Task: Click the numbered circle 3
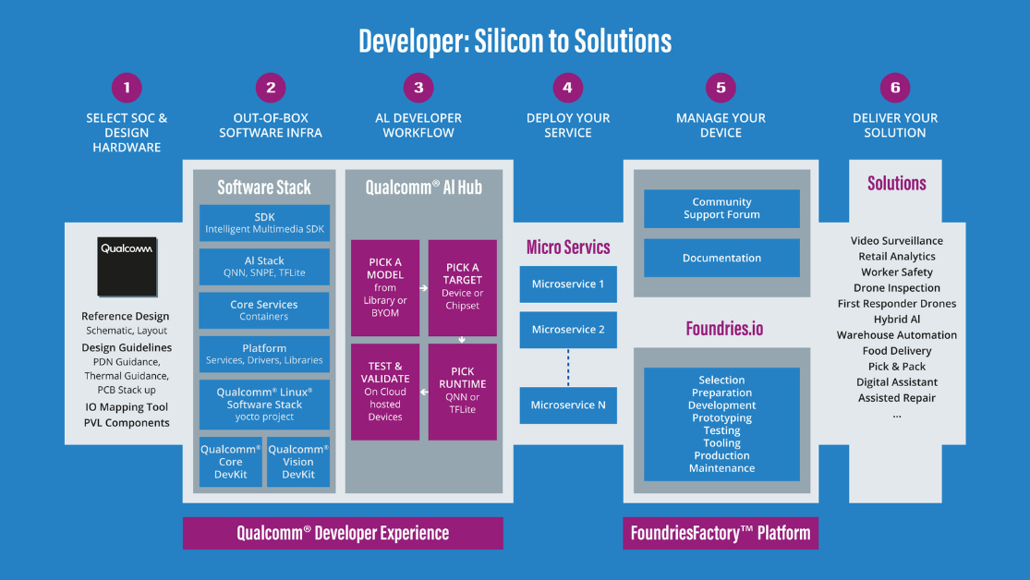click(418, 88)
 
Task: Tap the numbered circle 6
click(894, 88)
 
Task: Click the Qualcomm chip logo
click(127, 261)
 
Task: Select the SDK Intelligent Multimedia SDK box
click(264, 223)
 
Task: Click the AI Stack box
click(264, 267)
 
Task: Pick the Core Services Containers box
click(264, 310)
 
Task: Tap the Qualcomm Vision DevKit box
click(298, 462)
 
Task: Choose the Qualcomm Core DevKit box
click(230, 462)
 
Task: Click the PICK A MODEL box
click(385, 287)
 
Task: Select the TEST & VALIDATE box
click(385, 392)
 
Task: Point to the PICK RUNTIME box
click(463, 392)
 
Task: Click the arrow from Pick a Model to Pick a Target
click(424, 288)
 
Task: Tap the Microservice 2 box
click(568, 330)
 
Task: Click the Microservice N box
click(568, 405)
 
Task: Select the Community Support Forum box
click(721, 209)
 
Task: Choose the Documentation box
click(721, 259)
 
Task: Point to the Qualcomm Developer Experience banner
click(343, 533)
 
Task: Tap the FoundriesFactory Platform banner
click(721, 533)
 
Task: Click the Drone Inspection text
click(896, 288)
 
